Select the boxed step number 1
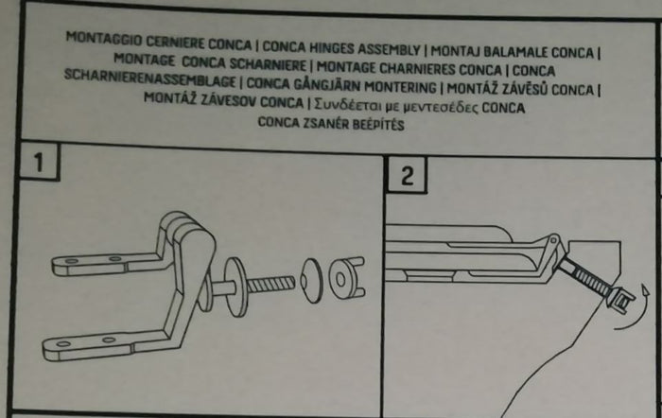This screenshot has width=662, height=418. pyautogui.click(x=38, y=162)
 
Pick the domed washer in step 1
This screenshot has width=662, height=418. pyautogui.click(x=311, y=280)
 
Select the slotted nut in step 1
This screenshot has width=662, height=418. pyautogui.click(x=345, y=277)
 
